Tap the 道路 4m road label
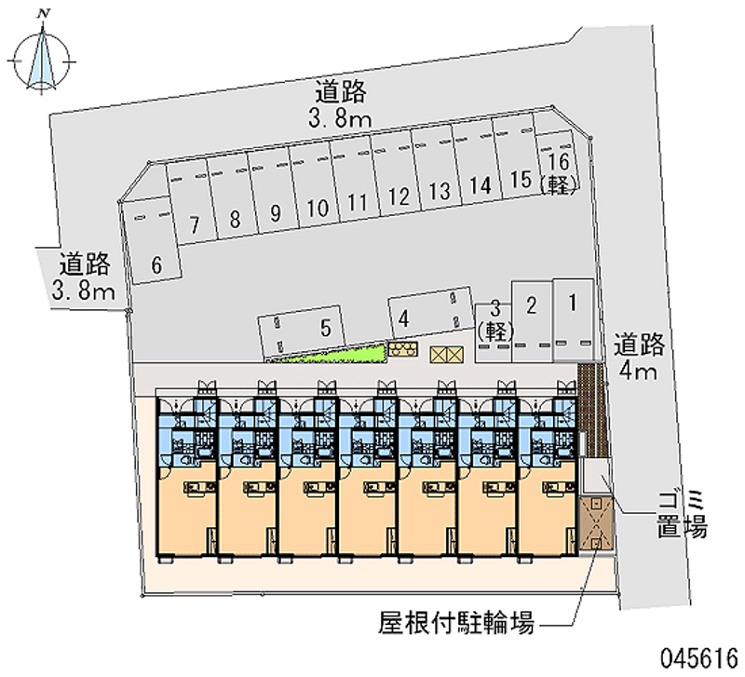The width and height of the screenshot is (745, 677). coord(639,359)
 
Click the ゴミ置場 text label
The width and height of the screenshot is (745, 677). coord(680,515)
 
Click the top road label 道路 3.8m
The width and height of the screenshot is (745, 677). coord(340,104)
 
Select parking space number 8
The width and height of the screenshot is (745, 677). coord(236,219)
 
